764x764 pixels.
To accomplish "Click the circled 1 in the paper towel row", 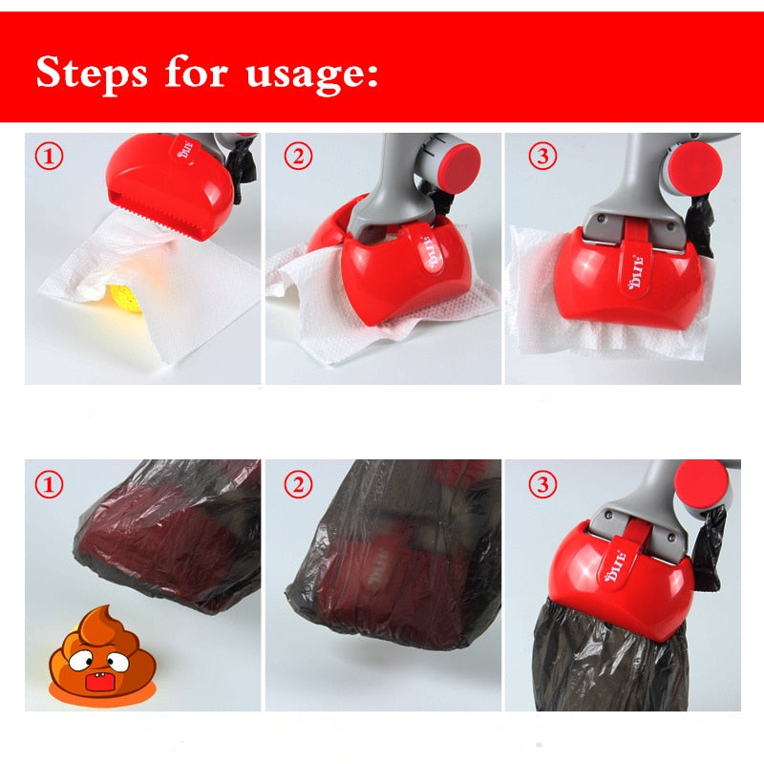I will coord(50,157).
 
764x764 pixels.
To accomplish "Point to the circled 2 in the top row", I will coord(299,157).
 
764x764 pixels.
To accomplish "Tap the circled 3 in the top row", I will coord(541,157).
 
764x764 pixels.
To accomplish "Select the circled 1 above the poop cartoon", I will coord(50,484).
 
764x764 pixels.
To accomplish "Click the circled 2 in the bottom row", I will coord(299,484).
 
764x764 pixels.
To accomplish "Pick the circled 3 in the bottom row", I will coord(541,484).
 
